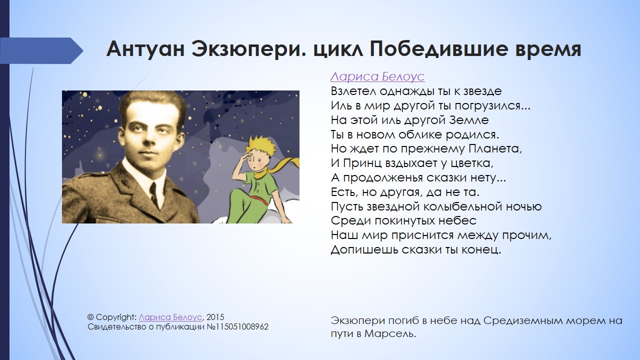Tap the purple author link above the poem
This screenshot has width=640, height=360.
pyautogui.click(x=377, y=76)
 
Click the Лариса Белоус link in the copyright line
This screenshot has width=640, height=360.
pyautogui.click(x=170, y=317)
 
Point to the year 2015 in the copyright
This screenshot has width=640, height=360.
pyautogui.click(x=215, y=317)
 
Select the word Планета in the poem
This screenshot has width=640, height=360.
pyautogui.click(x=495, y=149)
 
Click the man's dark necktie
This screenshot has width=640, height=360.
pyautogui.click(x=153, y=194)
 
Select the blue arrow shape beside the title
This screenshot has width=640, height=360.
pyautogui.click(x=41, y=50)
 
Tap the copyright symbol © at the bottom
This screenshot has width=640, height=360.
pyautogui.click(x=90, y=317)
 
